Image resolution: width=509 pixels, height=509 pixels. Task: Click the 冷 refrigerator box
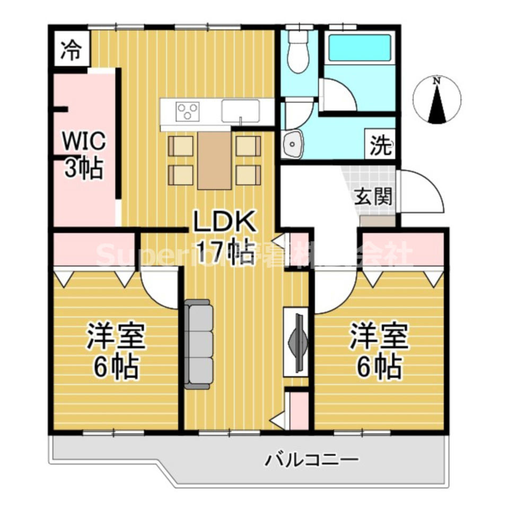click(70, 51)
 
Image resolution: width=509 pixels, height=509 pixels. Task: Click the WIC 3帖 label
click(85, 154)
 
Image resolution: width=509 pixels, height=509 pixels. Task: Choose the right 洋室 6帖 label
click(379, 352)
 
